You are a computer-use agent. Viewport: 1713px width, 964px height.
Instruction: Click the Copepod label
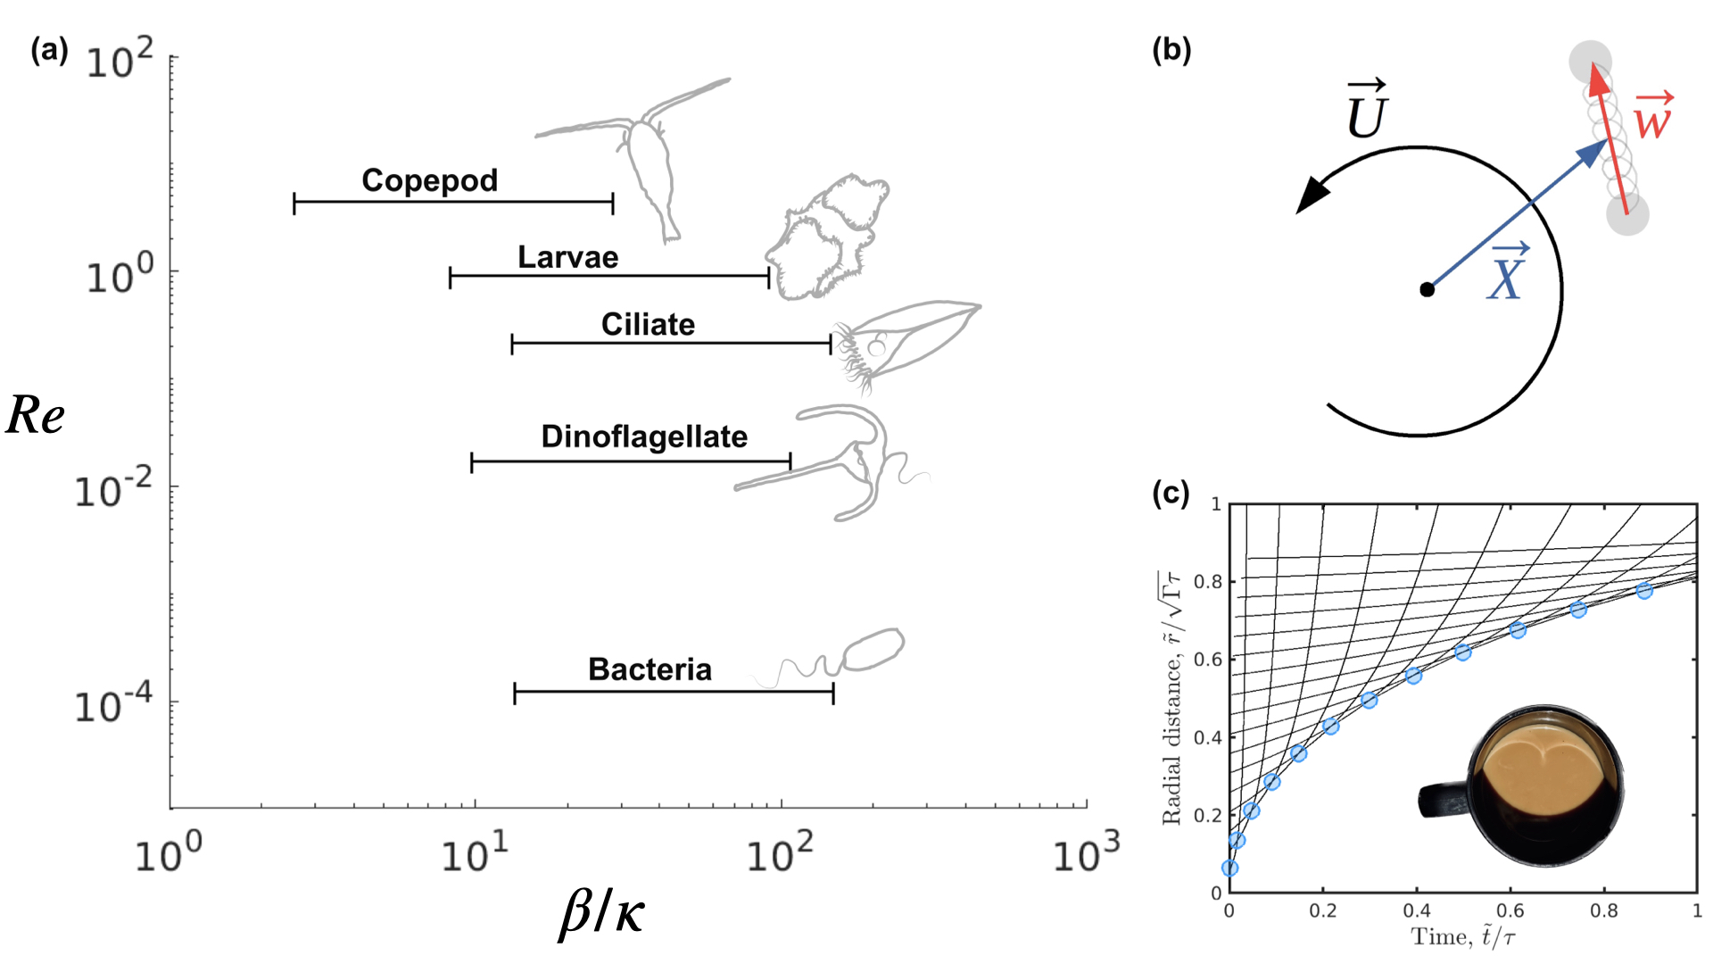429,180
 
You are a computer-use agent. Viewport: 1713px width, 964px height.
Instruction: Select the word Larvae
567,258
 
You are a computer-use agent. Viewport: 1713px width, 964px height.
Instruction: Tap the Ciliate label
648,325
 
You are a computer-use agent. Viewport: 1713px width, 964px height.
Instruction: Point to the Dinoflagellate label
644,436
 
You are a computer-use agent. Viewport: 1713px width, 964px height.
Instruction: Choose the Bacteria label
650,669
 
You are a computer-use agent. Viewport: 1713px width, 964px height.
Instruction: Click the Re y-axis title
36,415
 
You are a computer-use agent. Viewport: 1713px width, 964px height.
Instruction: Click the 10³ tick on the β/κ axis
1086,853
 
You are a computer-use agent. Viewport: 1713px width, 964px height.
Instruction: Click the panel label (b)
1171,50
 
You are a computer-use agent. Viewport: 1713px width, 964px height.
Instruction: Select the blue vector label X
1507,272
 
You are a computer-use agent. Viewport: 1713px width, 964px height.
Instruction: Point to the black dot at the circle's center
1427,289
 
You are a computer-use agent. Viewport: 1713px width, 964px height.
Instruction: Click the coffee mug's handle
1442,800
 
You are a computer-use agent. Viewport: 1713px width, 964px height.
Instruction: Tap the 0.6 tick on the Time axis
1510,910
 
